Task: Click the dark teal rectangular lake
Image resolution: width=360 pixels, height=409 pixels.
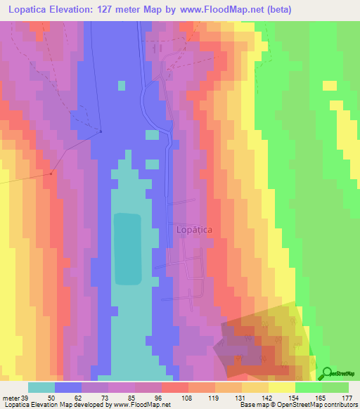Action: pyautogui.click(x=127, y=249)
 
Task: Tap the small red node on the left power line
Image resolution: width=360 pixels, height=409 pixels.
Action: pyautogui.click(x=51, y=174)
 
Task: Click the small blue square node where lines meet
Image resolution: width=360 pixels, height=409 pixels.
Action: pyautogui.click(x=101, y=131)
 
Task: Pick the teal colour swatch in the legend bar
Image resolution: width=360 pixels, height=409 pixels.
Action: pyautogui.click(x=41, y=387)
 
